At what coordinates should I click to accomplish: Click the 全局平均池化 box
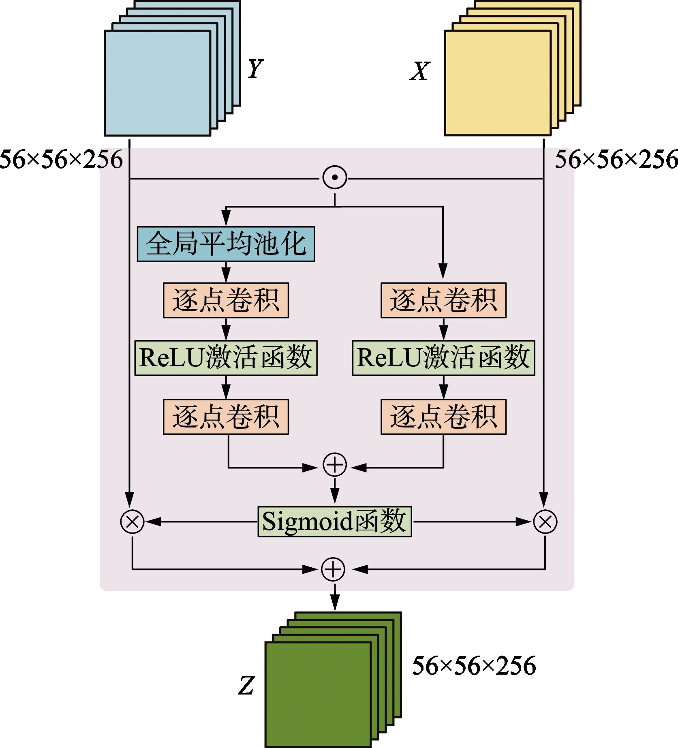tap(226, 244)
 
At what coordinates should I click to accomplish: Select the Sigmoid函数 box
tap(335, 521)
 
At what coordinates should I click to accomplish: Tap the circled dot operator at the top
tap(335, 177)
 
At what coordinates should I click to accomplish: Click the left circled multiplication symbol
tap(132, 521)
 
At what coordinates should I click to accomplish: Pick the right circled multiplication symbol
tap(545, 521)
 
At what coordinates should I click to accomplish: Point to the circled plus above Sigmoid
tap(335, 465)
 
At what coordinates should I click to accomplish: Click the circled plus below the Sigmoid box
tap(333, 569)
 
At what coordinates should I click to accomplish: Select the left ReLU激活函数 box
tap(226, 358)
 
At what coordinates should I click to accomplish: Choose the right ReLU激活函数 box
tap(443, 358)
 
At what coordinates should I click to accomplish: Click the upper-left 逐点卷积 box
tap(226, 300)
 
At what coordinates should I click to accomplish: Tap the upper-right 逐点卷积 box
tap(443, 300)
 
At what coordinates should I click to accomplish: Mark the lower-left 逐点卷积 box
tap(226, 417)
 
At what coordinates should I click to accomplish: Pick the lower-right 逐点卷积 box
tap(443, 417)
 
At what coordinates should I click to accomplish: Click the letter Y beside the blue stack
tap(255, 68)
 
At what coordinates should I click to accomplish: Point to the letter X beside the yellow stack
tap(420, 71)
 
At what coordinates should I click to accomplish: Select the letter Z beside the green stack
tap(246, 686)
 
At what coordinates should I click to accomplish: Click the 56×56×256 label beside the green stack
tap(474, 666)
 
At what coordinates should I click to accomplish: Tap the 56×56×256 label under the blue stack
tap(61, 159)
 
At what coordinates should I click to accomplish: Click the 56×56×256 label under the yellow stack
tap(616, 159)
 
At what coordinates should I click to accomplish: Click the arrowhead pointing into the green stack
tap(335, 603)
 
